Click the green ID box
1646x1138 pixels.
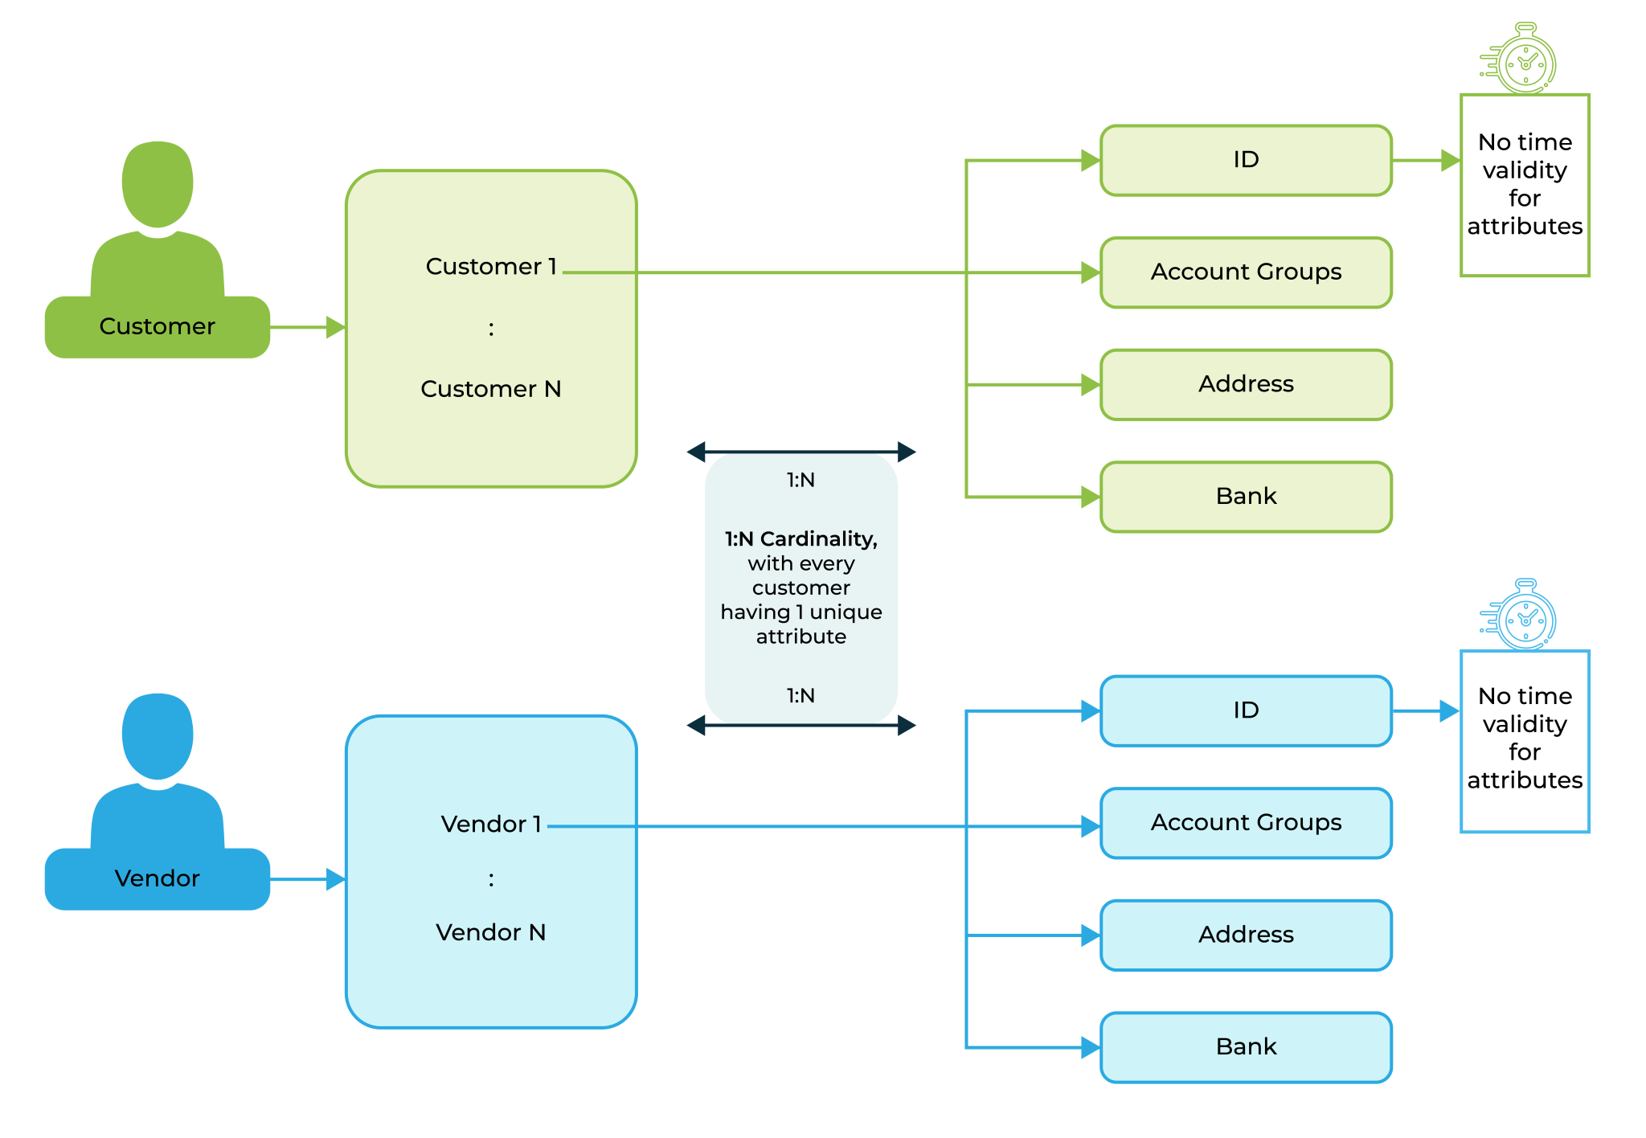tap(1246, 160)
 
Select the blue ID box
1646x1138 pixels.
tap(1246, 710)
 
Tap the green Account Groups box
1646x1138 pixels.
tap(1246, 272)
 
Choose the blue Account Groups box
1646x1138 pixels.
tap(1246, 823)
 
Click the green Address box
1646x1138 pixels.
tap(1246, 384)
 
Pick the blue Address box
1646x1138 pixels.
tap(1246, 935)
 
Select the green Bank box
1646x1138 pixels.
tap(1246, 497)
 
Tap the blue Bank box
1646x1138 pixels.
tap(1246, 1047)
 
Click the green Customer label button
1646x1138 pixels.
tap(158, 326)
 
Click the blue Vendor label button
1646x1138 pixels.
tap(158, 878)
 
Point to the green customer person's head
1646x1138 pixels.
tap(158, 183)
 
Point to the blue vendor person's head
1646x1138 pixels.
tap(158, 735)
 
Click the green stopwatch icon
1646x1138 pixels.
tap(1522, 59)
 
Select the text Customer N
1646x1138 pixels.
tap(491, 389)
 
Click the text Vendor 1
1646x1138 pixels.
tap(491, 824)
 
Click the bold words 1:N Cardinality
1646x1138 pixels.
tap(800, 538)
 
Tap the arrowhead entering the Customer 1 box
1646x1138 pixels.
tap(336, 327)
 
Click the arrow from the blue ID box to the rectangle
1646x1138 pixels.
tap(1427, 710)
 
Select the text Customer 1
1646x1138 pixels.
tap(491, 266)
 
